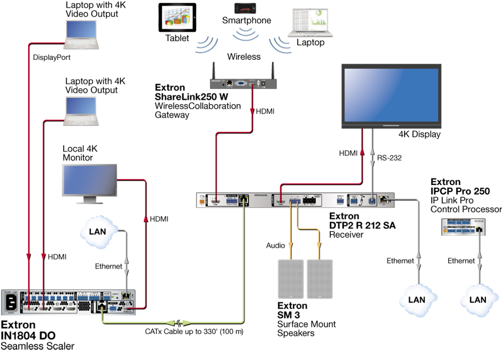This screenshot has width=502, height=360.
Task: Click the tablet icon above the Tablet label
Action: coord(176,18)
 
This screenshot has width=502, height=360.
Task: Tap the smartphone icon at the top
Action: coord(246,8)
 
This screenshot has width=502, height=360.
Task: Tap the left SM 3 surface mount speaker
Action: coord(291,279)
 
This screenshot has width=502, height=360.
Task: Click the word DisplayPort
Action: coord(52,57)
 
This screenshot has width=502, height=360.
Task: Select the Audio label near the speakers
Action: coord(276,245)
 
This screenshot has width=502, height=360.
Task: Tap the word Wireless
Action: coord(244,57)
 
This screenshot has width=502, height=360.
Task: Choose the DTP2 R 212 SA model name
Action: coord(362,225)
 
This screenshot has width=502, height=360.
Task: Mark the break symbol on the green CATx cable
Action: coord(181,323)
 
